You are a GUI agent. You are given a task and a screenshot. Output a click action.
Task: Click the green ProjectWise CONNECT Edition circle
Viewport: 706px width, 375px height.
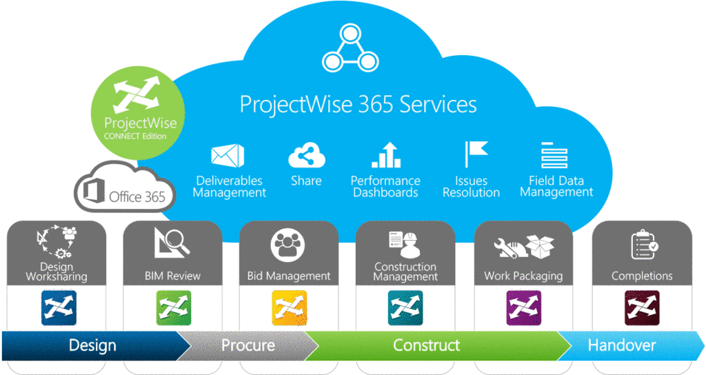tap(138, 112)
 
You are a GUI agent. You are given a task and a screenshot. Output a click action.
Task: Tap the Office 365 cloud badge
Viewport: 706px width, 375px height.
tap(125, 188)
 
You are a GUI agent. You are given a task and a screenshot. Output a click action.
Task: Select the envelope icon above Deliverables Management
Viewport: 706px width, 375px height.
tap(228, 155)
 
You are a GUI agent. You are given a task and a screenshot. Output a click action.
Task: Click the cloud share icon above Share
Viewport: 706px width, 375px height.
tap(307, 156)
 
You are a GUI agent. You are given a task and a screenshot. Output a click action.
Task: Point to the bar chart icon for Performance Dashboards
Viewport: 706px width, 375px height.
tap(386, 155)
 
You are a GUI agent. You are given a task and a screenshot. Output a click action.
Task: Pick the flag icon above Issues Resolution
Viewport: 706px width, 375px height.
tap(476, 154)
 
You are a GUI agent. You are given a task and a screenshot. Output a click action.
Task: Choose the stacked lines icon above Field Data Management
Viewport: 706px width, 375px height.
tap(554, 155)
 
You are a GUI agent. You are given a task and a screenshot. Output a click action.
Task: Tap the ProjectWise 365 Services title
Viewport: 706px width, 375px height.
tap(358, 104)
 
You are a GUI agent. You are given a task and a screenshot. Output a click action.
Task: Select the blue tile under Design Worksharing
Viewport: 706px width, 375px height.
tap(59, 308)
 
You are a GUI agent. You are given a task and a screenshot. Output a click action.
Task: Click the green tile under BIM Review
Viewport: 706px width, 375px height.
tap(173, 308)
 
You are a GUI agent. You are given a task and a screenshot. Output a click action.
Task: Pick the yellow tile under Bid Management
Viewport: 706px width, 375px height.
tap(290, 308)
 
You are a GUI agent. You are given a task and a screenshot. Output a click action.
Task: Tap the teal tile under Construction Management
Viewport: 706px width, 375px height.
tap(405, 308)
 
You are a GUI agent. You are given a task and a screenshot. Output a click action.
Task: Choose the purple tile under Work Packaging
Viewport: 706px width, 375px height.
tap(524, 308)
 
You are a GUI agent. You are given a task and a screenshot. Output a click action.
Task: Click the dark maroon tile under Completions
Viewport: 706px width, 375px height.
tap(642, 308)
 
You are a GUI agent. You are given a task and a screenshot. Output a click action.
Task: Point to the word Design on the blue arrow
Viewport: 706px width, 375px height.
tap(93, 346)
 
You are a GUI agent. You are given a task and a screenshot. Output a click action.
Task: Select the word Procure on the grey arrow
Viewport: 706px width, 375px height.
tap(248, 345)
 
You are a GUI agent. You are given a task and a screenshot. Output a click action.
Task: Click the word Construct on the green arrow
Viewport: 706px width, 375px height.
tap(426, 345)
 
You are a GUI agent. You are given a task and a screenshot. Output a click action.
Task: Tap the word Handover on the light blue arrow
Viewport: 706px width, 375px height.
tap(622, 345)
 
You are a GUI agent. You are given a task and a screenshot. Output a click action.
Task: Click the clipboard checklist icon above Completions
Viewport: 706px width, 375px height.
tap(645, 245)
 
